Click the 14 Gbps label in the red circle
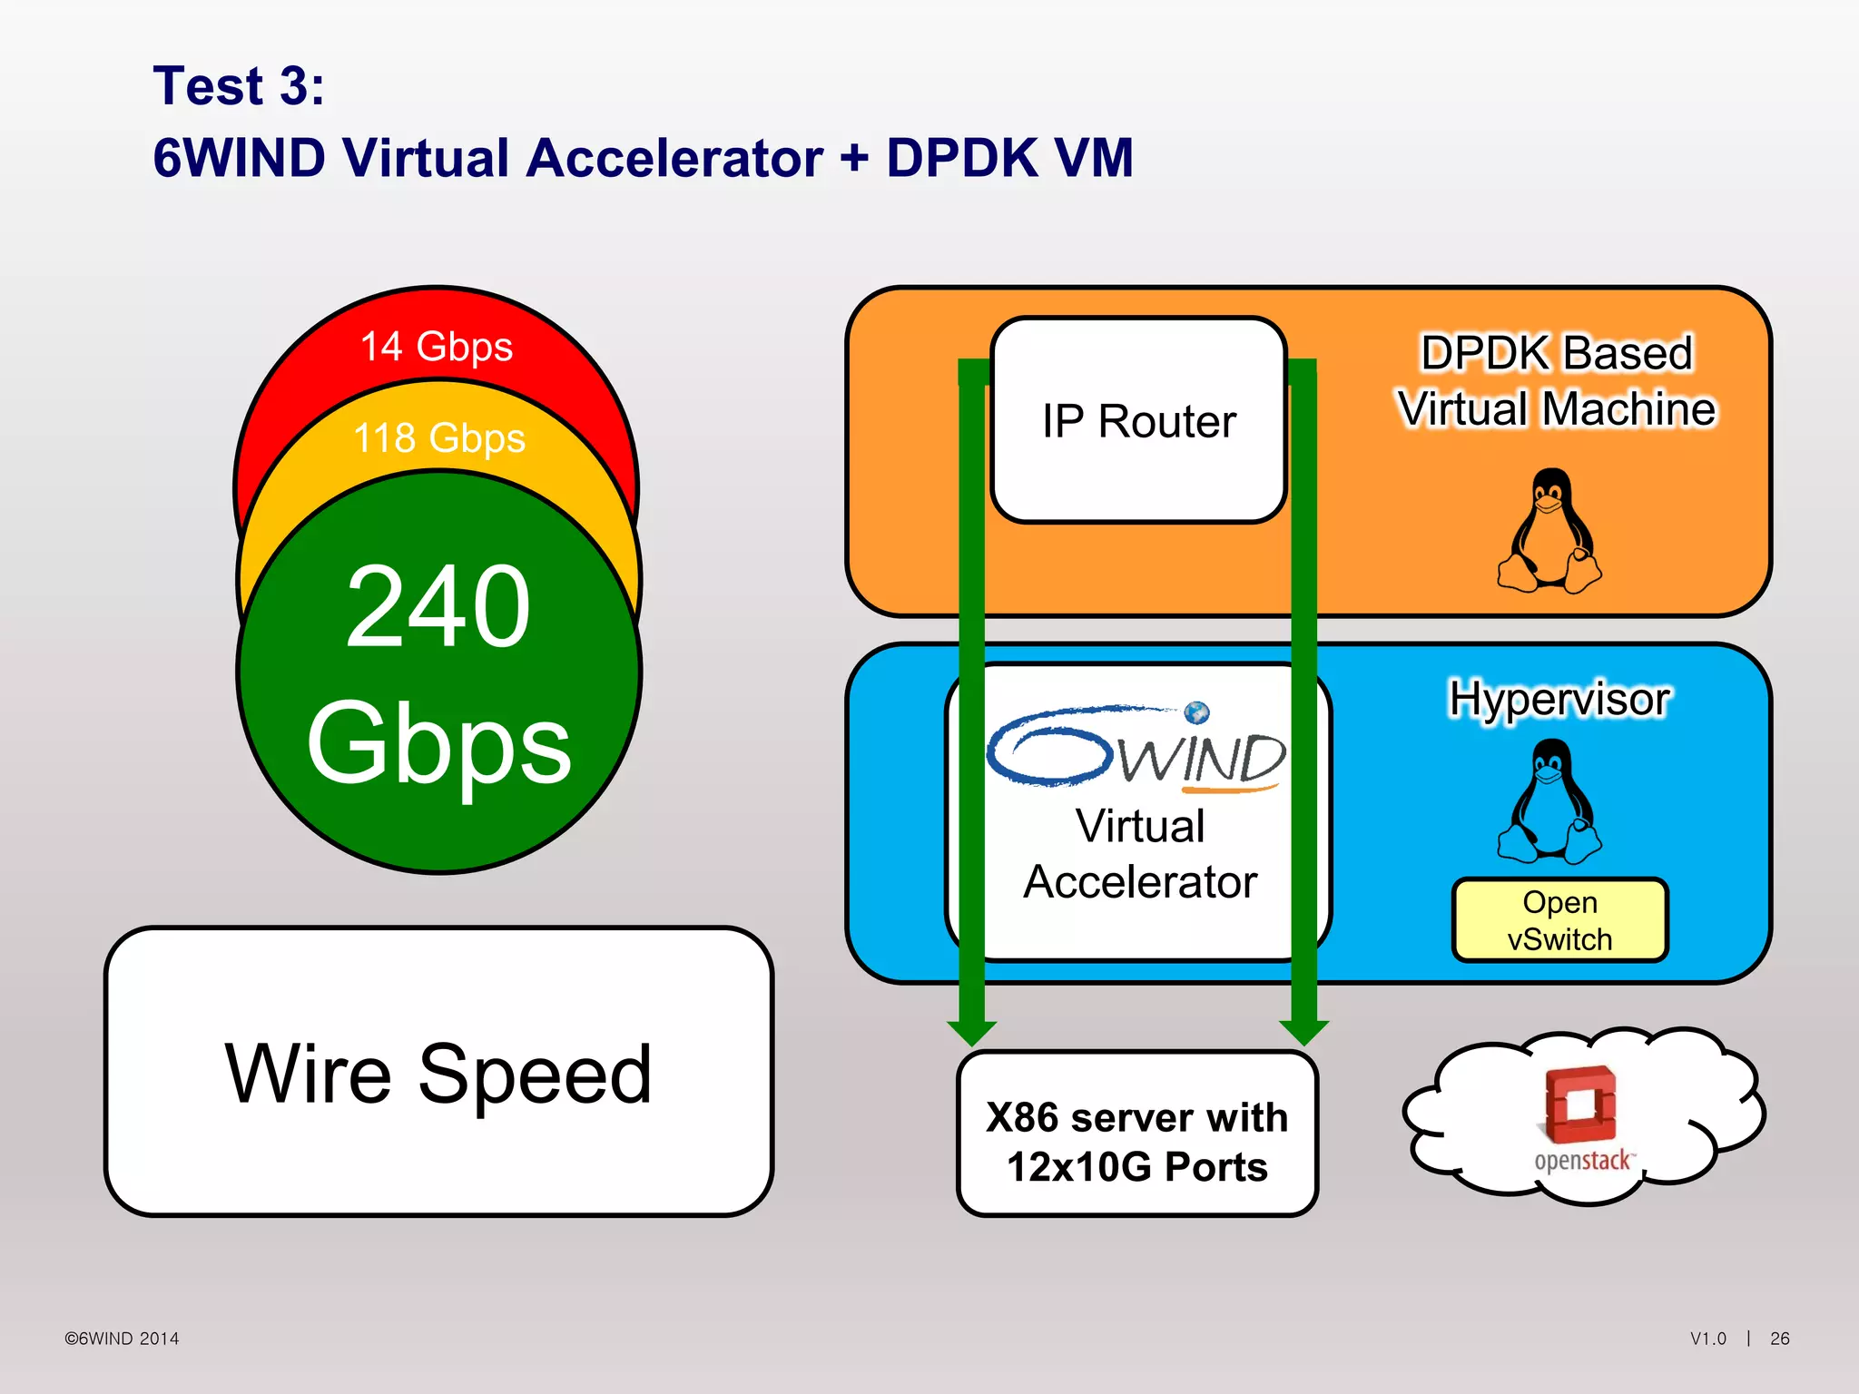(437, 347)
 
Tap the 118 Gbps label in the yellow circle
(439, 438)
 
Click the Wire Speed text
(438, 1074)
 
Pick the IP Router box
(1138, 421)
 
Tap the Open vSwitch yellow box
(1559, 920)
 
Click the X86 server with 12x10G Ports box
(1136, 1141)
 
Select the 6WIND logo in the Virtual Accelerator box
(1136, 750)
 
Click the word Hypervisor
(1559, 700)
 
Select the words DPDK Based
(1557, 353)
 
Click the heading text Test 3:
(239, 86)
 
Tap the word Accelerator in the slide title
(675, 158)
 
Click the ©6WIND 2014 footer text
(122, 1339)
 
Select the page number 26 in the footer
(1779, 1339)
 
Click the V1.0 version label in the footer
(1707, 1339)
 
